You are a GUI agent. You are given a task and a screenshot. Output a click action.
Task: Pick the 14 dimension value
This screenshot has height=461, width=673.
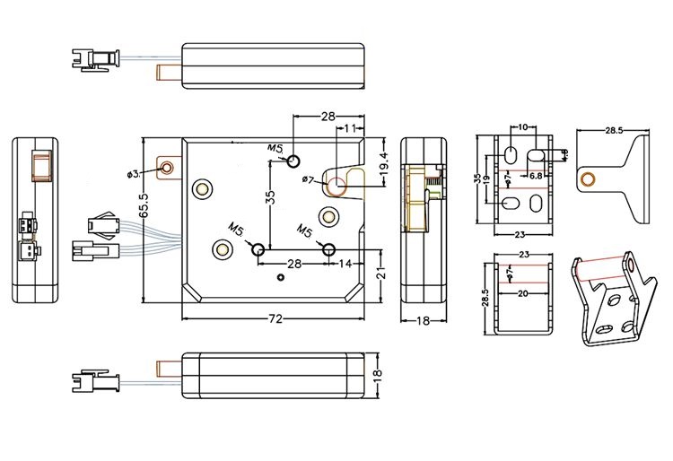(346, 263)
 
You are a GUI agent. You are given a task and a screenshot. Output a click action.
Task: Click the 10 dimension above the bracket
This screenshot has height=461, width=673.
(523, 128)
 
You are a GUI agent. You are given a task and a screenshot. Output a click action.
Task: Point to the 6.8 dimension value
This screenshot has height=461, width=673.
(536, 177)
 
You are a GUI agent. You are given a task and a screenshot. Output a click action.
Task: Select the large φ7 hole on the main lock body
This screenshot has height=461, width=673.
(337, 186)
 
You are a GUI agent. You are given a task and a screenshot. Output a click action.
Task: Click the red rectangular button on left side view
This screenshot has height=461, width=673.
(39, 166)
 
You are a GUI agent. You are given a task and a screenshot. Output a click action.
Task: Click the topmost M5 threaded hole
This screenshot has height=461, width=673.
(293, 161)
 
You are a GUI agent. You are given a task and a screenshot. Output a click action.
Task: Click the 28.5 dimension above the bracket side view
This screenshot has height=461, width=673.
(614, 131)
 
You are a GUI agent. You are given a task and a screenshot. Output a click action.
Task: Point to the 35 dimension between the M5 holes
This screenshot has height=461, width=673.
(272, 198)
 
